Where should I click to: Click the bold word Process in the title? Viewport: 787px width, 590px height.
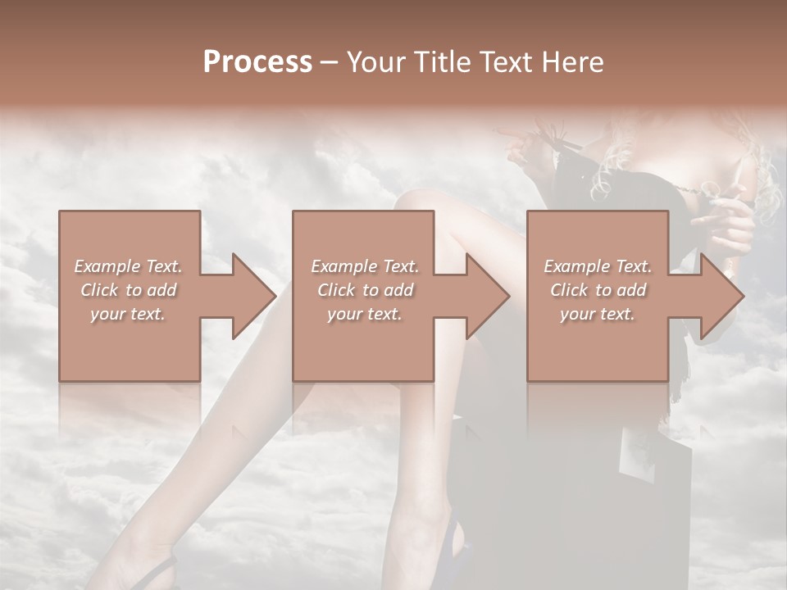tap(257, 62)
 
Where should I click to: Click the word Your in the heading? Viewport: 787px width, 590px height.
tap(376, 62)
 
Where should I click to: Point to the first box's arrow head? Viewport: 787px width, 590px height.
tap(253, 296)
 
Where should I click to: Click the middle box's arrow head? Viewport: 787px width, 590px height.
tap(488, 296)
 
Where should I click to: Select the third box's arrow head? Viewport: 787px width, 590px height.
tap(722, 296)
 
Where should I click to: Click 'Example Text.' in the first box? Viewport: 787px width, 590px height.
tap(128, 266)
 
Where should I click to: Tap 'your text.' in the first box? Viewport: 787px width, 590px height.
tap(128, 314)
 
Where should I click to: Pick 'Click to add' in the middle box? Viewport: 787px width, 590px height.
tap(365, 290)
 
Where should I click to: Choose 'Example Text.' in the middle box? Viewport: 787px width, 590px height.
tap(365, 266)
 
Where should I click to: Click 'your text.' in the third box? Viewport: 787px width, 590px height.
tap(598, 314)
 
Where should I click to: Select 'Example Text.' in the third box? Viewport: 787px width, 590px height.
tap(598, 266)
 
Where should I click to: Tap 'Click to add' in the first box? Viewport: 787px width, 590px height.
tap(128, 290)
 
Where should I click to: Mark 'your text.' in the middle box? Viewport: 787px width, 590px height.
tap(365, 314)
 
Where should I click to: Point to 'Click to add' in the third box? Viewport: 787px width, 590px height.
tap(598, 290)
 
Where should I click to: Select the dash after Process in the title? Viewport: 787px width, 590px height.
tap(330, 62)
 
